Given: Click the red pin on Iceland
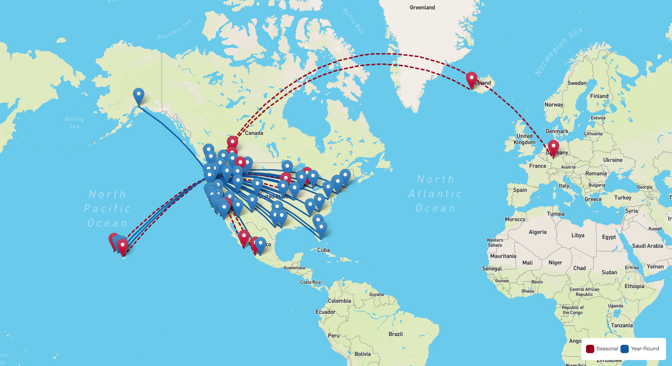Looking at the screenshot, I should click(471, 79).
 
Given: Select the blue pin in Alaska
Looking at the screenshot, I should click(138, 96).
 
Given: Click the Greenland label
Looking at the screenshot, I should click(422, 7).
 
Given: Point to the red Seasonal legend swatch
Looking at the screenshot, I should click(590, 349).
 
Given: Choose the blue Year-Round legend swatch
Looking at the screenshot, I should click(625, 349).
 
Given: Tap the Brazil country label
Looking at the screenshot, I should click(396, 334).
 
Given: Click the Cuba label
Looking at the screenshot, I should click(324, 250).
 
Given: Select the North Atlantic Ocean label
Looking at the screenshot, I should click(435, 193).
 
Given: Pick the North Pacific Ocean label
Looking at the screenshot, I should click(107, 208).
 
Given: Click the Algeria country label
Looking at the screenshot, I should click(537, 232).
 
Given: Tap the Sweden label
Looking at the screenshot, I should click(577, 83).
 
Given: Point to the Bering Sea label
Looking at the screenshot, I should click(74, 122).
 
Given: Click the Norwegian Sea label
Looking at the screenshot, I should click(558, 51).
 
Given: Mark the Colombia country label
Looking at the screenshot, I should click(339, 301).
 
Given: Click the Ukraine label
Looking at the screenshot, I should click(613, 160).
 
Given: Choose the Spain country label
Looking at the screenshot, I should click(520, 190).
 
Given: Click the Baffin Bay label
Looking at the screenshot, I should click(353, 21).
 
